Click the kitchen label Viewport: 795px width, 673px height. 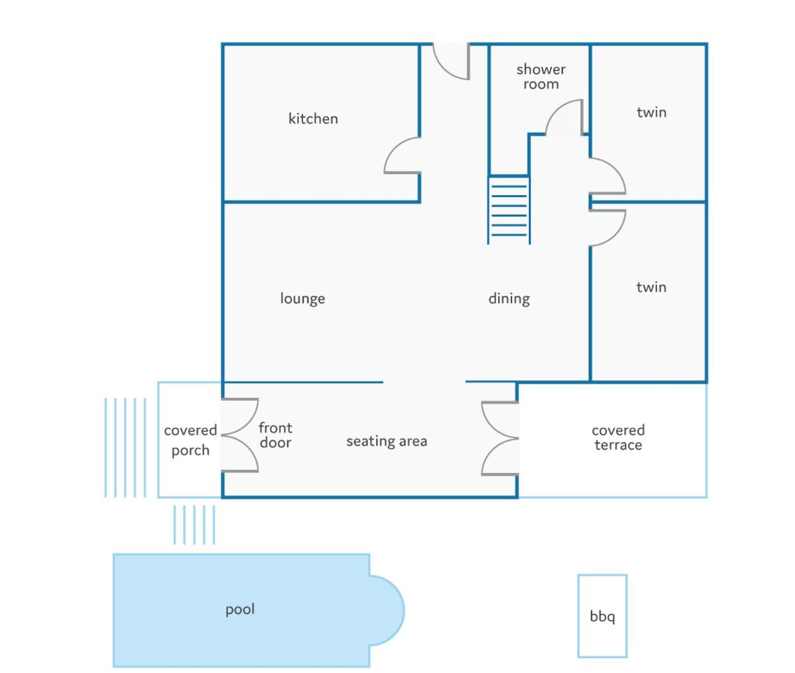click(x=313, y=118)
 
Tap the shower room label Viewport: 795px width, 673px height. click(x=541, y=77)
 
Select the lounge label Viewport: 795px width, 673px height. click(x=302, y=298)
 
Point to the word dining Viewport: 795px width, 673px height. click(x=509, y=298)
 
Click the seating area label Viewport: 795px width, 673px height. click(x=387, y=442)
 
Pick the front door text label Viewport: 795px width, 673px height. click(x=275, y=435)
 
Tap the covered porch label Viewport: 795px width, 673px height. click(x=190, y=440)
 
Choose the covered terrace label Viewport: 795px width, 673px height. click(x=618, y=438)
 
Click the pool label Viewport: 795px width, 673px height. click(x=240, y=609)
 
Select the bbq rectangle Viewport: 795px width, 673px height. click(x=602, y=616)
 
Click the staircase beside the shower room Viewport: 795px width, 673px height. click(x=509, y=210)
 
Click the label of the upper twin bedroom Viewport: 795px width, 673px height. click(x=651, y=112)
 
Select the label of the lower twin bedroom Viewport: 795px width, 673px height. click(x=651, y=287)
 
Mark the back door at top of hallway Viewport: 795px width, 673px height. click(x=451, y=61)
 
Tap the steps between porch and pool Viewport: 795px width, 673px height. click(x=194, y=525)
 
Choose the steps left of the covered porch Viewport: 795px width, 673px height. click(x=125, y=447)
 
